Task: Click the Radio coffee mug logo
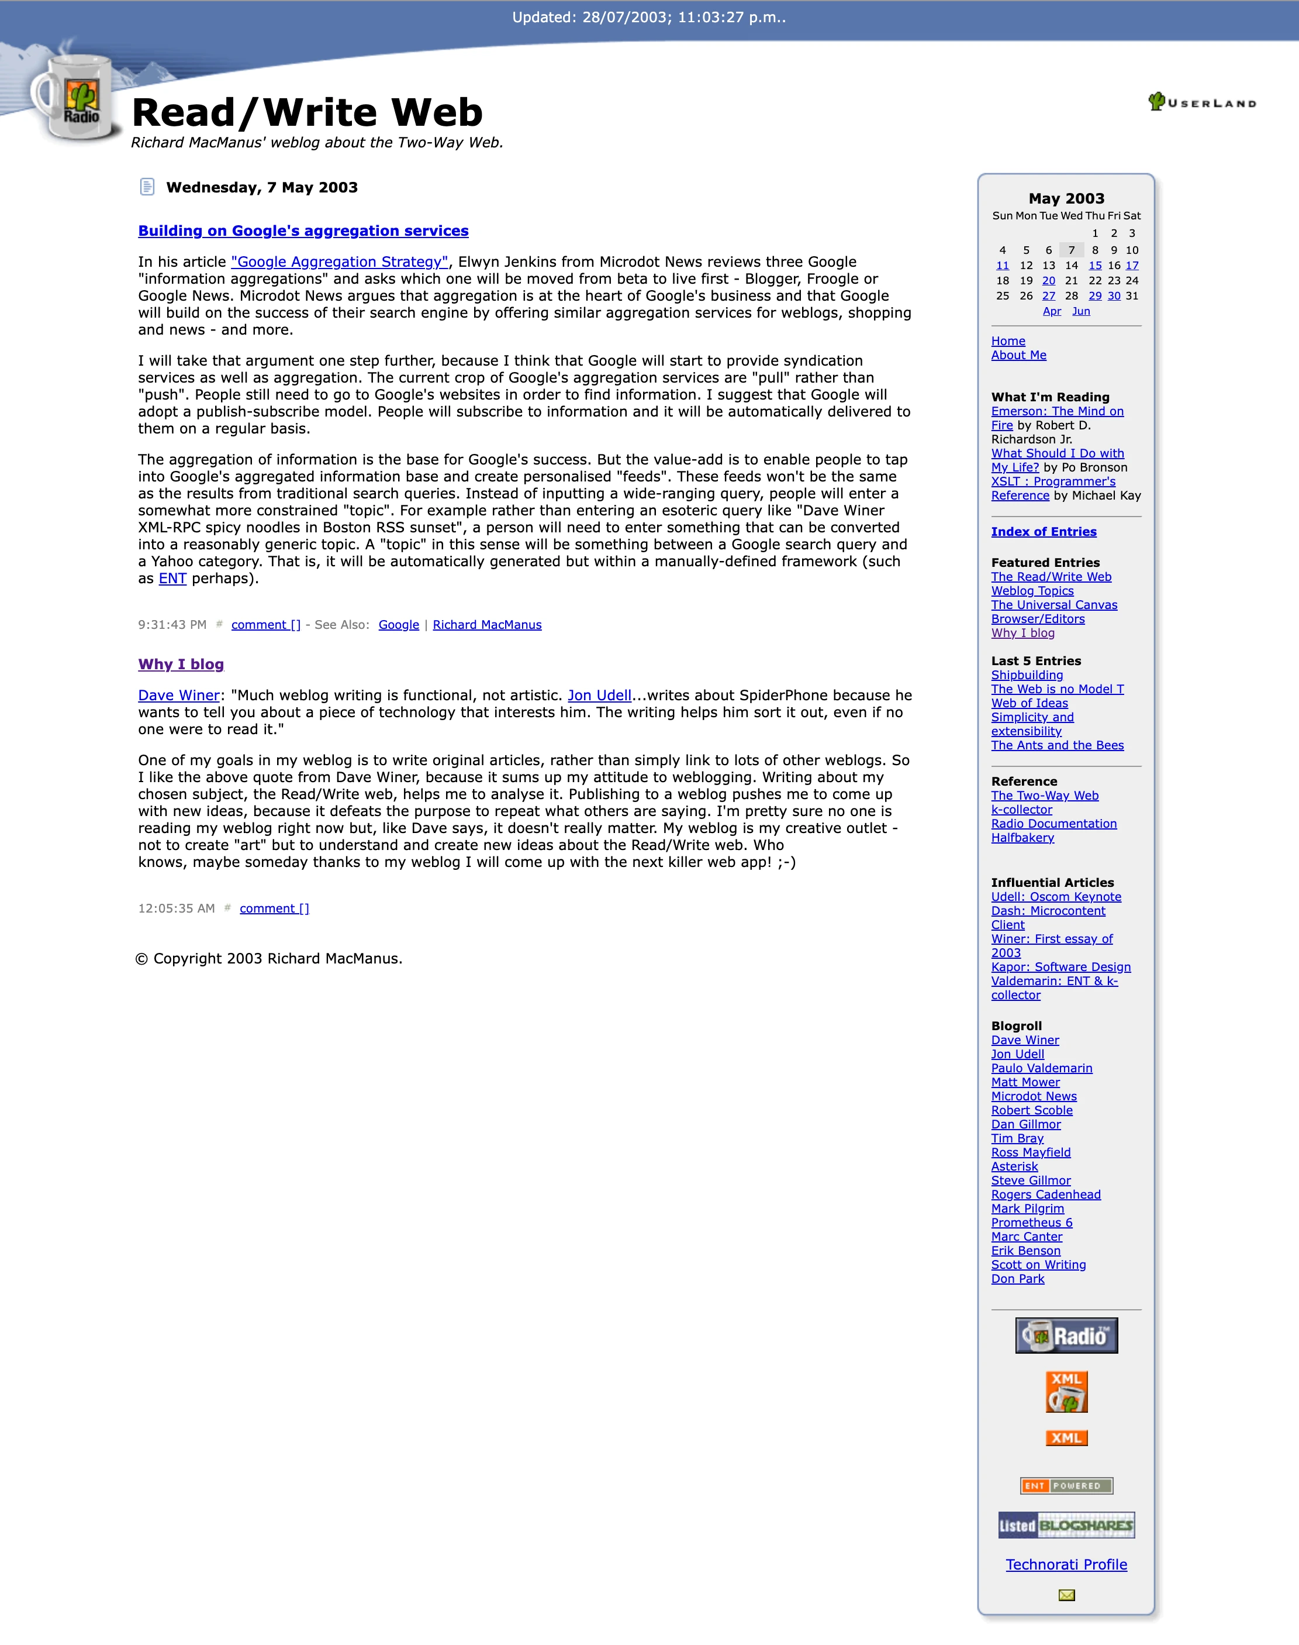point(76,99)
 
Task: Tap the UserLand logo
point(1201,102)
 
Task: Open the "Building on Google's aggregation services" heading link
point(303,230)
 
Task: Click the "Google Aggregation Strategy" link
point(339,261)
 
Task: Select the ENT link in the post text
point(172,578)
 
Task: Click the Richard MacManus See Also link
point(487,625)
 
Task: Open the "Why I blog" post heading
point(181,664)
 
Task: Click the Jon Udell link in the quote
point(599,696)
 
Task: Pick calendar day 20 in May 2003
point(1049,281)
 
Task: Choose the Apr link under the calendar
point(1052,311)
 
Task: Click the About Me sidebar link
point(1018,355)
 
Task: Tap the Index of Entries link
point(1044,532)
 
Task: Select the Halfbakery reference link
point(1022,838)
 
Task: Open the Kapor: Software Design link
point(1060,967)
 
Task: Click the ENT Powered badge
point(1066,1485)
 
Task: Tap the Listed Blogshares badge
point(1066,1524)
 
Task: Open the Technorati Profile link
point(1066,1564)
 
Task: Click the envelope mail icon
point(1066,1595)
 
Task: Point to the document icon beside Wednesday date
point(147,187)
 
